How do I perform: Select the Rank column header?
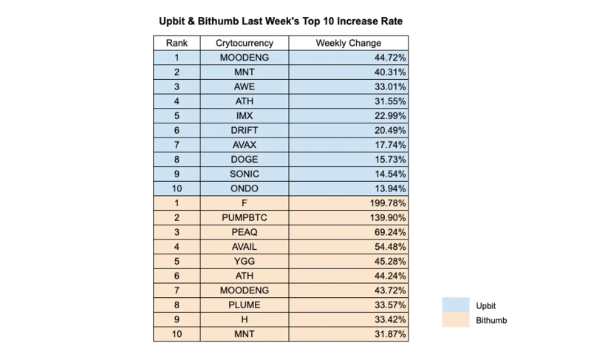click(x=177, y=43)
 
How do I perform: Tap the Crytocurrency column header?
click(x=245, y=43)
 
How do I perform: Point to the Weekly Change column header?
click(x=349, y=43)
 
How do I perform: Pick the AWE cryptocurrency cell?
click(x=245, y=86)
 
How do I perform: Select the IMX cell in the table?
click(x=245, y=115)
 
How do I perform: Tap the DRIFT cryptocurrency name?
click(x=245, y=130)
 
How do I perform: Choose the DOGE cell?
click(x=245, y=159)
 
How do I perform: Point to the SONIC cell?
click(x=245, y=174)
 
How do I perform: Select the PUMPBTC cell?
click(x=245, y=217)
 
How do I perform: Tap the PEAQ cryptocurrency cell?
click(x=245, y=231)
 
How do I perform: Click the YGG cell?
click(x=245, y=261)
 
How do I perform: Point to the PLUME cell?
click(x=245, y=305)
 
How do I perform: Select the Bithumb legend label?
click(x=492, y=320)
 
